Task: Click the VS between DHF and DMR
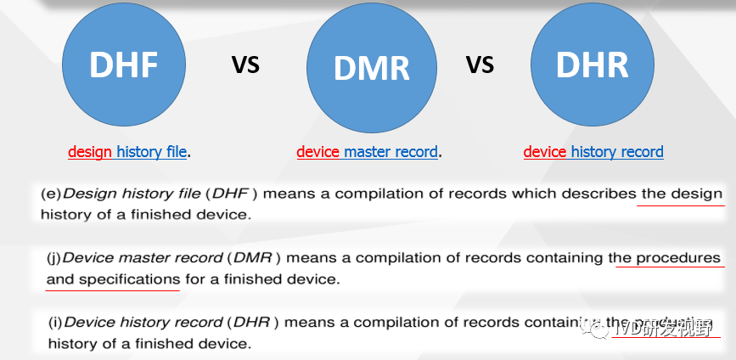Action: (x=245, y=65)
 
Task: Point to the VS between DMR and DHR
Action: (x=480, y=65)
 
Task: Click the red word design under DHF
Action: (x=90, y=152)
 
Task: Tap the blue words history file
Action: (x=151, y=152)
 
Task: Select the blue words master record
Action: (x=390, y=152)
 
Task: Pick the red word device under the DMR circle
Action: (x=317, y=152)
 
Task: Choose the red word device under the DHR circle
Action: (x=545, y=152)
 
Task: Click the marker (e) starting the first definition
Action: (x=51, y=194)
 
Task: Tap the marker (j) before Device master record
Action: (x=54, y=257)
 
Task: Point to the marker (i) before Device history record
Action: (x=55, y=323)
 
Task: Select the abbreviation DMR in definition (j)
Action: (x=253, y=257)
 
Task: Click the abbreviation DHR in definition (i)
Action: (x=253, y=323)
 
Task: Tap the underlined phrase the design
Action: (x=682, y=194)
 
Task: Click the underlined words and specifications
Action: (x=113, y=278)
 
